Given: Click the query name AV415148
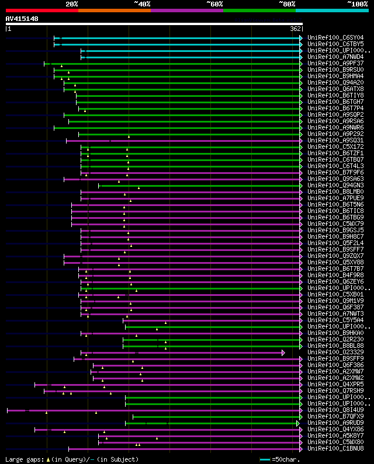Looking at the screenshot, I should point(22,19).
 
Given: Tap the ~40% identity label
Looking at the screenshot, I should point(142,4).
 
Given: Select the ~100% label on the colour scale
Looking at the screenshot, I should point(357,4).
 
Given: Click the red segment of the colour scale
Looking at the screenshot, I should point(41,10).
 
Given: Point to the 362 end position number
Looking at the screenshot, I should point(296,28).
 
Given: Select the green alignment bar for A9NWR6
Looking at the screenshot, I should point(175,128).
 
